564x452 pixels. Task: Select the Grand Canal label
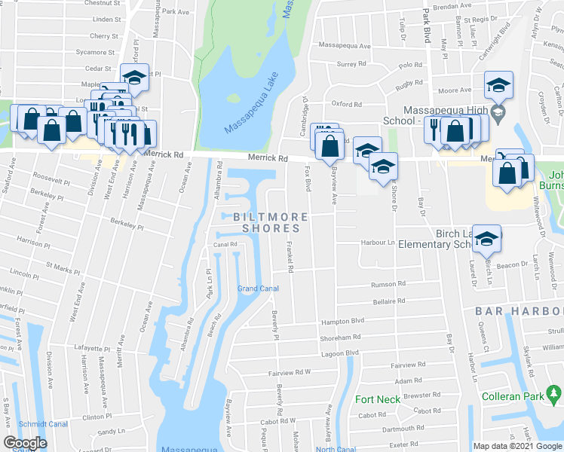(258, 289)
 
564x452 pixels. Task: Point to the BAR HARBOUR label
(519, 311)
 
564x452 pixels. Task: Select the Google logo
(25, 443)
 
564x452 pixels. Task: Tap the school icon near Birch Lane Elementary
(487, 240)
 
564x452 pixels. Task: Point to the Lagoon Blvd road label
(342, 353)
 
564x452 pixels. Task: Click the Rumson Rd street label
(388, 284)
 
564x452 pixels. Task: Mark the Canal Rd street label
(225, 245)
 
